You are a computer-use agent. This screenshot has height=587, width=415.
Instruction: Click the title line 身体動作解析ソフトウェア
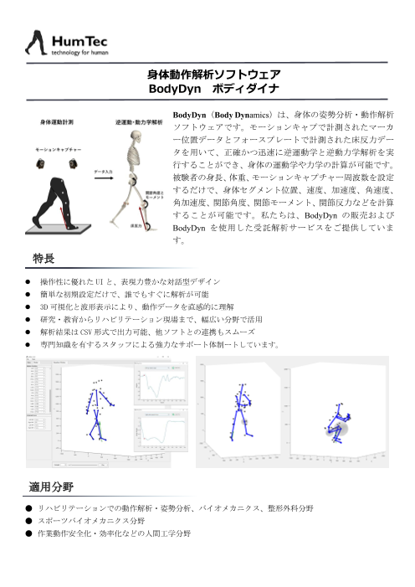(x=207, y=75)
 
